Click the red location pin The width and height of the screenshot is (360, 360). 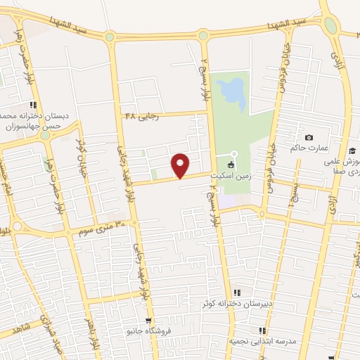point(181,165)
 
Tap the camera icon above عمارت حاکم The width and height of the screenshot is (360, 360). point(308,137)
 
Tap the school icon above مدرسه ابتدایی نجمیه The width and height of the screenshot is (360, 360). point(262,330)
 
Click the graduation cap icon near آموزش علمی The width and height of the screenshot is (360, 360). point(352,150)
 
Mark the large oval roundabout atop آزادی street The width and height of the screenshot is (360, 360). point(330,25)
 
